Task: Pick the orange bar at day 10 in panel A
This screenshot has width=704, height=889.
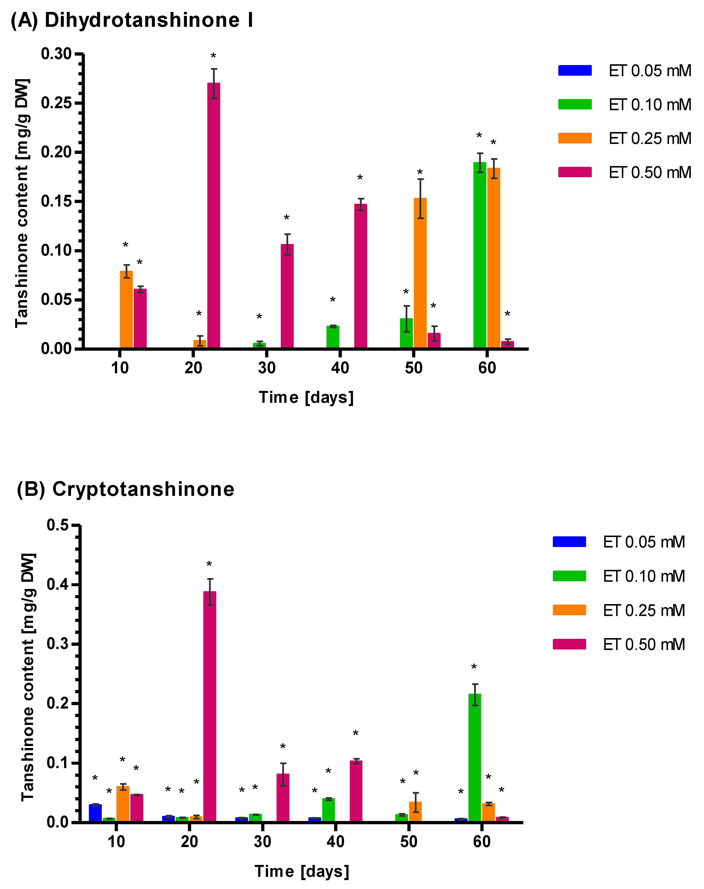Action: point(126,309)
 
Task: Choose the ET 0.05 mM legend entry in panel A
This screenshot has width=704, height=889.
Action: point(625,70)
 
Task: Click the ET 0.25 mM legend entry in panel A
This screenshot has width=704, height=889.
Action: point(625,138)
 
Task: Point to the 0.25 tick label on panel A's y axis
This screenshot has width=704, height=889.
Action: point(56,103)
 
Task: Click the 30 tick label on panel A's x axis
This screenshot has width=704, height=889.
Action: point(267,368)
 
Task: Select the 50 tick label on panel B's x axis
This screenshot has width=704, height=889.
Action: point(408,841)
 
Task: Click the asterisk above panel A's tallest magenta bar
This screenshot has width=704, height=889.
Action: point(213,56)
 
